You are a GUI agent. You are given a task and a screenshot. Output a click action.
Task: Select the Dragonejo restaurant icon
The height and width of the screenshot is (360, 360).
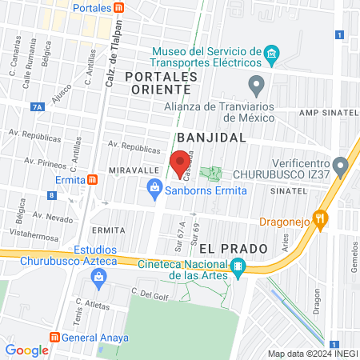pyautogui.click(x=321, y=218)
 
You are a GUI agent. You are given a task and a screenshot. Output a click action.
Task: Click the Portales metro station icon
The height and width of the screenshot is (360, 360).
pyautogui.click(x=118, y=8)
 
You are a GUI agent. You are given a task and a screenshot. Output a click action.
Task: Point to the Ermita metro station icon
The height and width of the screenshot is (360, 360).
pyautogui.click(x=93, y=179)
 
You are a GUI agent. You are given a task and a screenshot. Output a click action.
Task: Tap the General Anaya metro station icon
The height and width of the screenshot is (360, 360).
pyautogui.click(x=55, y=338)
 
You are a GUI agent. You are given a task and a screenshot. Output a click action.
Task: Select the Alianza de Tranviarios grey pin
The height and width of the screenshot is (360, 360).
pyautogui.click(x=256, y=83)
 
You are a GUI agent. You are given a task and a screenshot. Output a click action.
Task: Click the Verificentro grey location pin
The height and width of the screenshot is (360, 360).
pyautogui.click(x=342, y=167)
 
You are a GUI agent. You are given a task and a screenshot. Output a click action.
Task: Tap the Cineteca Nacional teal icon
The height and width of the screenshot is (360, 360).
pyautogui.click(x=237, y=267)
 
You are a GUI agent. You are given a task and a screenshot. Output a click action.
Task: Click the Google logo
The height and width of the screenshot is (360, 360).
pyautogui.click(x=26, y=350)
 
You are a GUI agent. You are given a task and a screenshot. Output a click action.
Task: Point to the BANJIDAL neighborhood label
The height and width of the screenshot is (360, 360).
pyautogui.click(x=211, y=138)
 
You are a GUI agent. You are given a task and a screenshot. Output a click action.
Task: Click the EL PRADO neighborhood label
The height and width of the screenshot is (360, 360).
pyautogui.click(x=233, y=248)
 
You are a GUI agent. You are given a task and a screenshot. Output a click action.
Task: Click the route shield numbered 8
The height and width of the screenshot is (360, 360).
pyautogui.click(x=52, y=194)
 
